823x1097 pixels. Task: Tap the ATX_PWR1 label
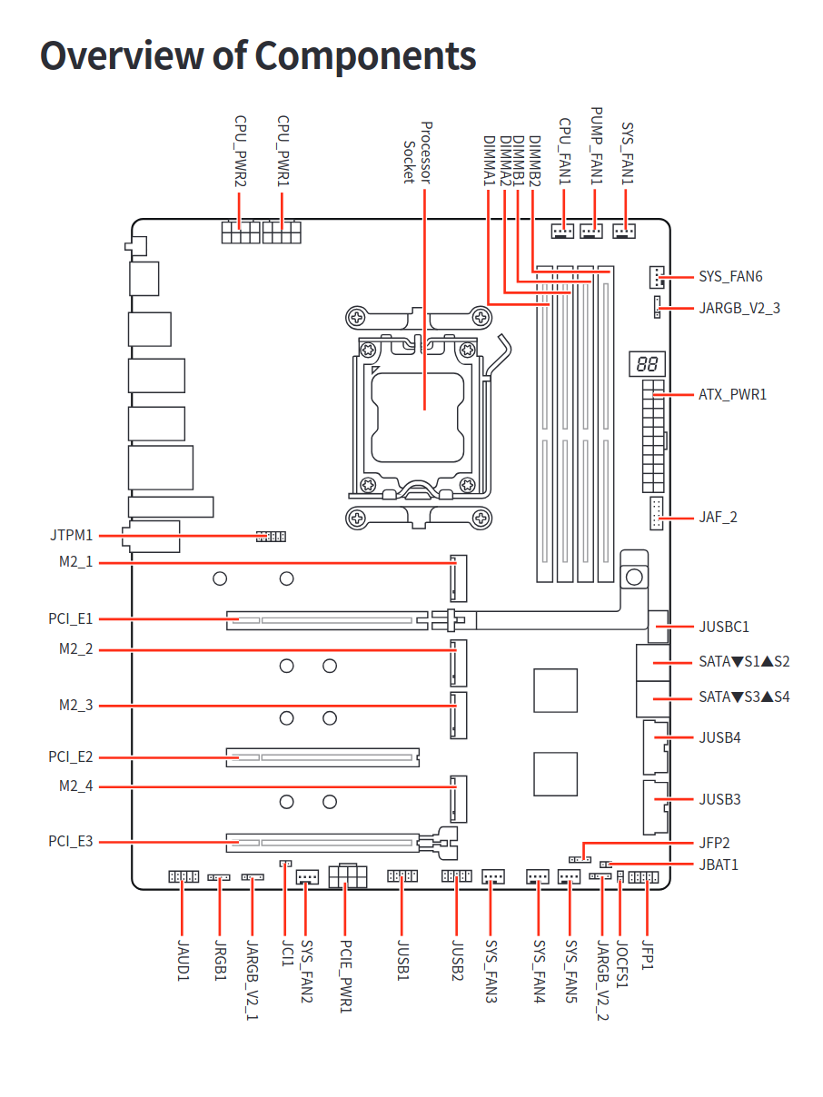732,395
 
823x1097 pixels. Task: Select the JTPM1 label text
72,536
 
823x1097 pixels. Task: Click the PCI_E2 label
71,756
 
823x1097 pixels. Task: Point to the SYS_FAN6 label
730,276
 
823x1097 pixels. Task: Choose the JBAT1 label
718,865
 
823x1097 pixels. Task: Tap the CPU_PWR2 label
241,151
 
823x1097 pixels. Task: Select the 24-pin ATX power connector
653,437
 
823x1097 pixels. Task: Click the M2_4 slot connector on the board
456,798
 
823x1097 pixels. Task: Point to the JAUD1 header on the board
183,877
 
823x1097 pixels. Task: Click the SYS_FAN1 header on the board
624,232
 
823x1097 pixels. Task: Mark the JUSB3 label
719,800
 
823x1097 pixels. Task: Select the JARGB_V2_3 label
739,309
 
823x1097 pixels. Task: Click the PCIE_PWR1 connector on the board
348,877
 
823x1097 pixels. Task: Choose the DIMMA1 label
489,161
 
